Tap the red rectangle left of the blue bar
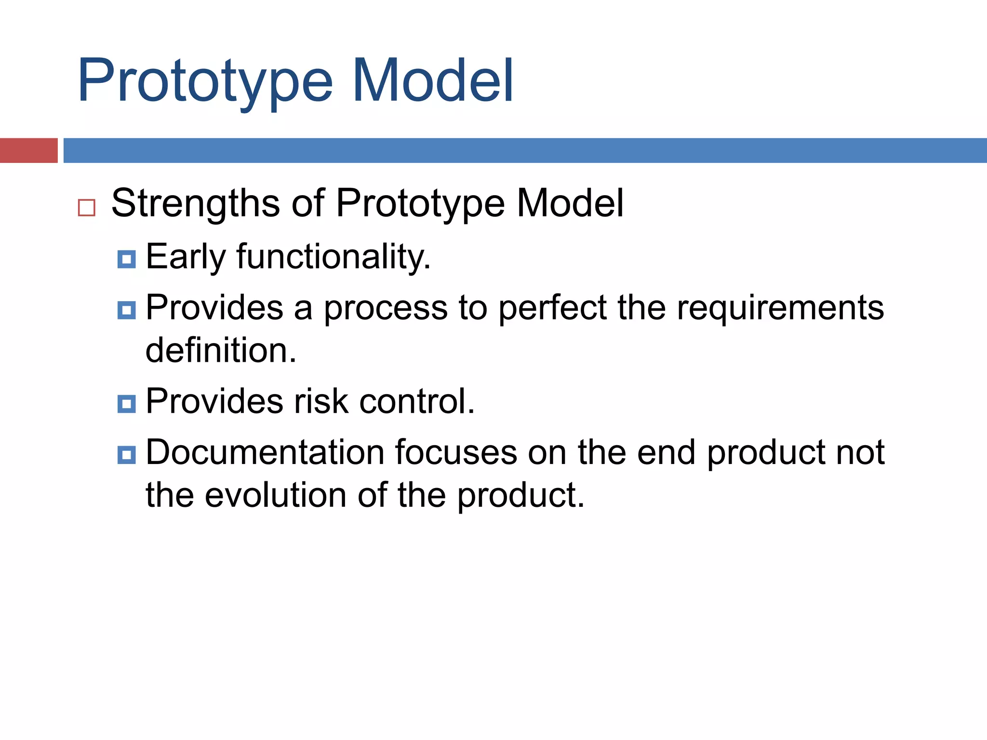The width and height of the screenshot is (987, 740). pos(28,150)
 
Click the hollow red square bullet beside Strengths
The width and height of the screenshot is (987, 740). pos(87,208)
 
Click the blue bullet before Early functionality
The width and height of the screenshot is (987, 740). pos(127,259)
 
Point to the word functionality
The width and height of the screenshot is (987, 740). pos(333,257)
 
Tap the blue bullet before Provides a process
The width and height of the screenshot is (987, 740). pos(127,310)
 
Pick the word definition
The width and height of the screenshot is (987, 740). pos(221,350)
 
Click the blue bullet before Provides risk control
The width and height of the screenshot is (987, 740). pos(127,404)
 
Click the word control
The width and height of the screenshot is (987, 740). pos(417,401)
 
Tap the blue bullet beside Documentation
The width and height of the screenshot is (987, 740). pos(127,455)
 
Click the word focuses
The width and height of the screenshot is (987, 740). pos(456,452)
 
